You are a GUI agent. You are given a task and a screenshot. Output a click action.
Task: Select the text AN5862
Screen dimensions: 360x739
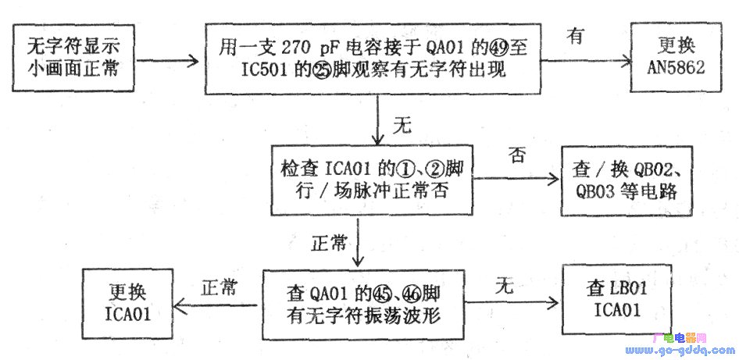676,68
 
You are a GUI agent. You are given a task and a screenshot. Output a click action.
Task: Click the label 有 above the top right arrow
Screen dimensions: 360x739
576,37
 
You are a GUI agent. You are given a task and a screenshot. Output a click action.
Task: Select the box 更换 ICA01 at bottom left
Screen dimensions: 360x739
127,302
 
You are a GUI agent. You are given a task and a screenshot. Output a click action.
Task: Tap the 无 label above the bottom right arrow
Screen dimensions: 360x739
504,286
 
